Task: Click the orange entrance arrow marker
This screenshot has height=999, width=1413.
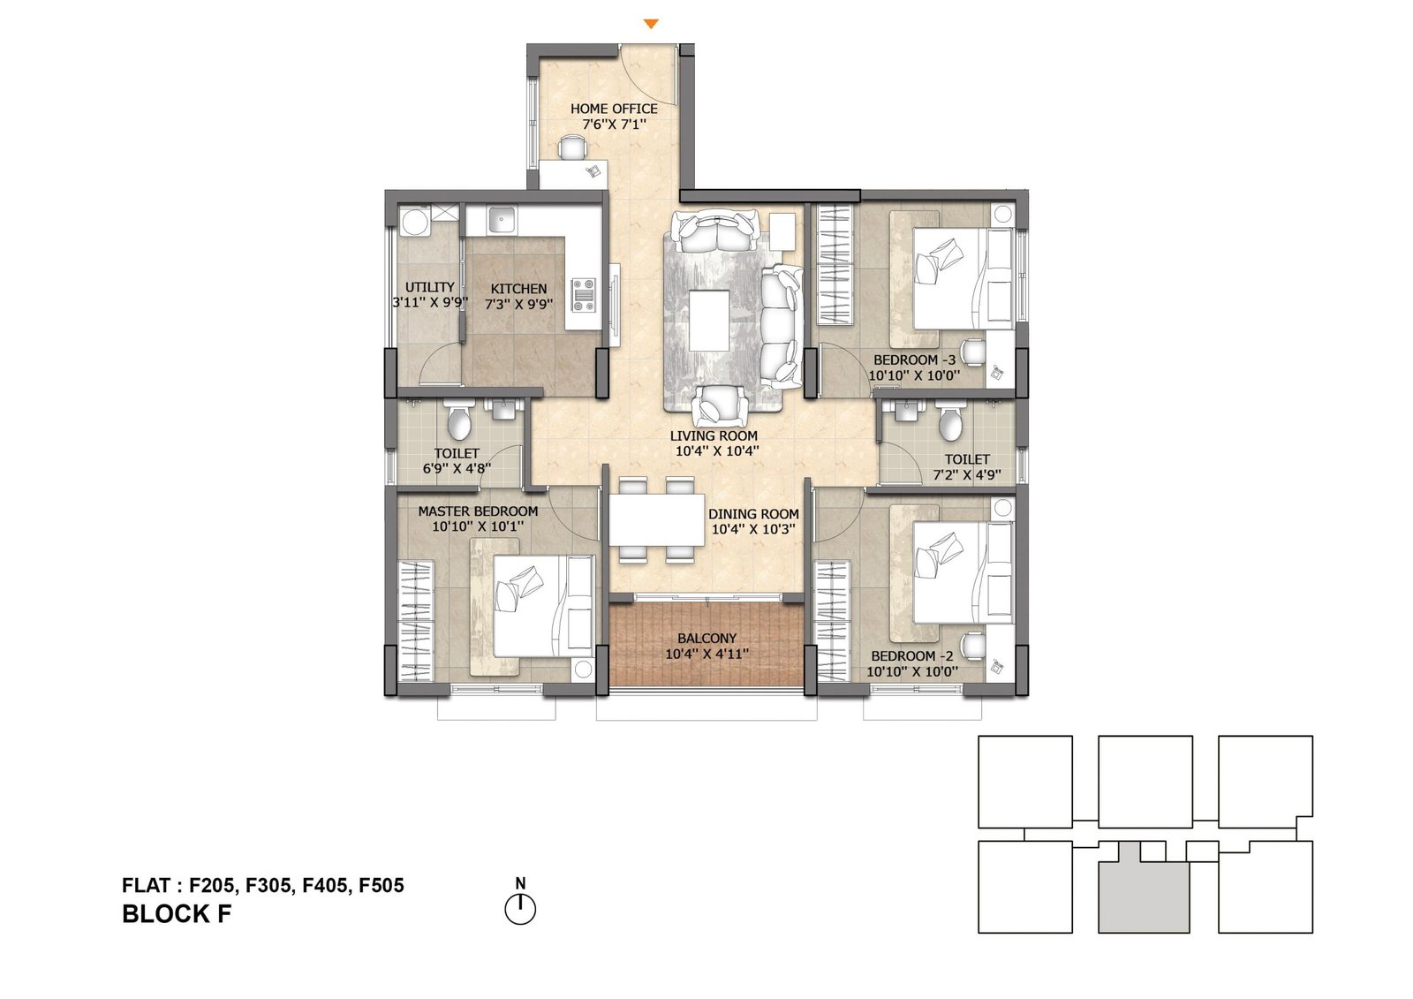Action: click(651, 24)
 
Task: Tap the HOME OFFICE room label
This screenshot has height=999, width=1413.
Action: click(614, 110)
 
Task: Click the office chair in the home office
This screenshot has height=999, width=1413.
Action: click(572, 148)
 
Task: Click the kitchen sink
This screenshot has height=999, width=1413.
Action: click(503, 220)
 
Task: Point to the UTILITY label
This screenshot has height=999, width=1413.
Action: click(429, 287)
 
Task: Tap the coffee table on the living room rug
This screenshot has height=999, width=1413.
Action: click(710, 320)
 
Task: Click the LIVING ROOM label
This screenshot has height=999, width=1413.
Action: click(714, 435)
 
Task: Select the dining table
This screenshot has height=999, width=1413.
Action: click(656, 519)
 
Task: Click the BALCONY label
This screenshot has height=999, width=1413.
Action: click(706, 638)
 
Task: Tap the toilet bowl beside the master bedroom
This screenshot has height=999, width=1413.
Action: click(458, 421)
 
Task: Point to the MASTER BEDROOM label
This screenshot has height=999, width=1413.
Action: click(478, 511)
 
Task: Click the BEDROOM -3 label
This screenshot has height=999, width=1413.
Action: click(914, 359)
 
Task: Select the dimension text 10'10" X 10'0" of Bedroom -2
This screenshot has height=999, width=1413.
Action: click(912, 671)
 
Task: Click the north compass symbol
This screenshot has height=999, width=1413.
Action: click(520, 904)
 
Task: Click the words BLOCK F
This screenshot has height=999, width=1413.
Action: click(178, 914)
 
